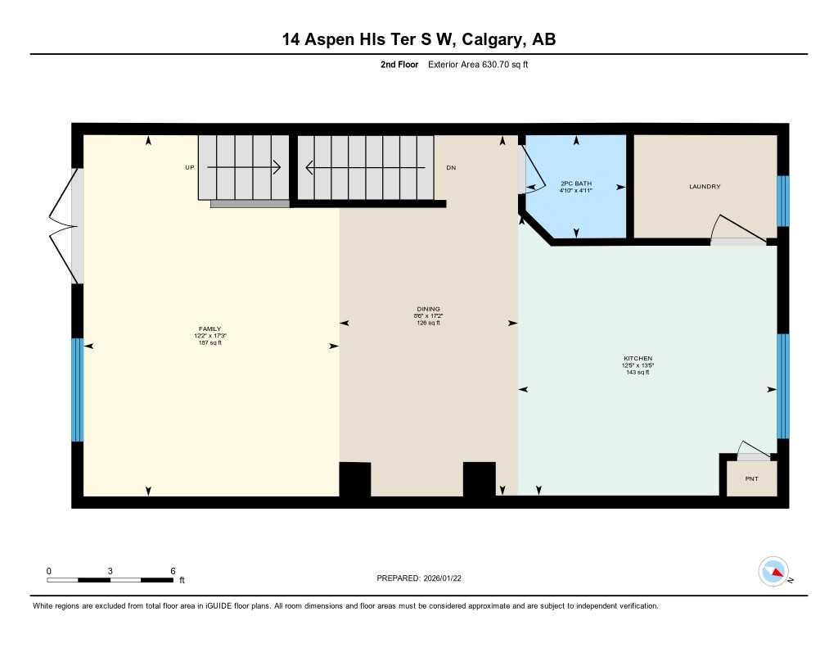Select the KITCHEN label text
pyautogui.click(x=638, y=359)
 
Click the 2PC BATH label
pyautogui.click(x=576, y=183)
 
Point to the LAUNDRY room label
pyautogui.click(x=705, y=187)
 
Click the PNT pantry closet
pyautogui.click(x=751, y=478)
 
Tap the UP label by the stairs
pyautogui.click(x=189, y=167)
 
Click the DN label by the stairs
pyautogui.click(x=451, y=168)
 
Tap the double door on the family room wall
pyautogui.click(x=64, y=225)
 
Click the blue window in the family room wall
pyautogui.click(x=78, y=389)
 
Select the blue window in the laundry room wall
pyautogui.click(x=782, y=201)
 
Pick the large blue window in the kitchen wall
pyautogui.click(x=782, y=386)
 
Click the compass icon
pyautogui.click(x=774, y=572)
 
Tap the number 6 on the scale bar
pyautogui.click(x=173, y=570)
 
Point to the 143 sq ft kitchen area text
pyautogui.click(x=638, y=373)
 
